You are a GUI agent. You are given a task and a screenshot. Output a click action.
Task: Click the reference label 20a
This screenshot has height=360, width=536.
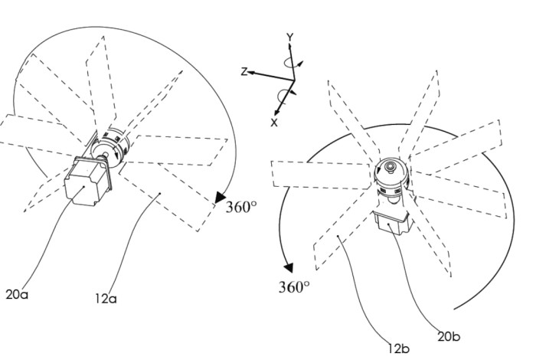17,294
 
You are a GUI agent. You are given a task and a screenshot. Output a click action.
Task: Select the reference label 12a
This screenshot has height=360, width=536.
106,299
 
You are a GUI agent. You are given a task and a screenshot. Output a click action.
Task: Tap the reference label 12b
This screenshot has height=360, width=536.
399,349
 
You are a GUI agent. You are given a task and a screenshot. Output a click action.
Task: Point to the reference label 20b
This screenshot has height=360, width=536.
449,336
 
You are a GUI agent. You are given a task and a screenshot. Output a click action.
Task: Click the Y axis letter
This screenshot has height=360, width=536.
290,38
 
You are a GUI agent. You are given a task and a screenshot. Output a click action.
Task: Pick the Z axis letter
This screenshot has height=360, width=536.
244,72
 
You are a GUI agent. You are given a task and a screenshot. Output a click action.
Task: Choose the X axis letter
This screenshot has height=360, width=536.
274,123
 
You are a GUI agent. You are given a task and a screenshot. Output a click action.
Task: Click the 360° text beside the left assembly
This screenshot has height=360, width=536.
241,207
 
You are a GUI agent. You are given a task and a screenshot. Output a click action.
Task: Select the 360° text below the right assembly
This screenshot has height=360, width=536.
294,286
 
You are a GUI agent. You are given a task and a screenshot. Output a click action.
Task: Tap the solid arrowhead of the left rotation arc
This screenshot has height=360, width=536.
220,198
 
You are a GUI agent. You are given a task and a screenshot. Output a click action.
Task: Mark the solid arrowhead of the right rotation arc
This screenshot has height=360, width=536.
289,267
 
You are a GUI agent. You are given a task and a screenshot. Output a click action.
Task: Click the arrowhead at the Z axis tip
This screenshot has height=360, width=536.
250,73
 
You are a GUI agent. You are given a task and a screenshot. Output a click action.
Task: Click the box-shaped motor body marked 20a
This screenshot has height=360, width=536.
86,182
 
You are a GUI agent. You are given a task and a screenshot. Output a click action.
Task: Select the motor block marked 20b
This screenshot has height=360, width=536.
392,223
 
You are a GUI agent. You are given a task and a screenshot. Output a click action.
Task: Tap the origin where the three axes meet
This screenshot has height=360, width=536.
294,80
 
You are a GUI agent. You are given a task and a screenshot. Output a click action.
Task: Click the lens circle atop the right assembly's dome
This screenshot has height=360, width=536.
390,167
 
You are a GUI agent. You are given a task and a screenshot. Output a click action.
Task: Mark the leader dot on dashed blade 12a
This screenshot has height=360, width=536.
160,194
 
